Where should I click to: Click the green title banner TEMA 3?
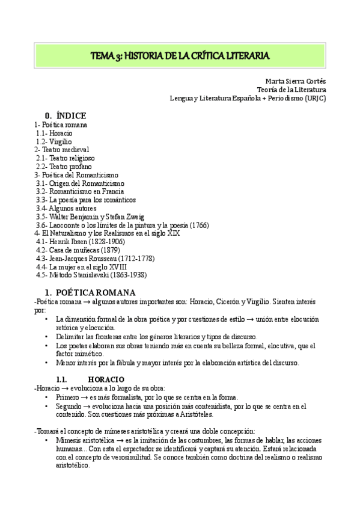point(180,56)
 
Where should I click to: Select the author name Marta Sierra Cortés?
point(295,81)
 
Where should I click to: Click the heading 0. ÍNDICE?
point(66,115)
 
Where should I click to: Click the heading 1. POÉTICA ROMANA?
point(94,292)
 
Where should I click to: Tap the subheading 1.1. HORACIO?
point(91,380)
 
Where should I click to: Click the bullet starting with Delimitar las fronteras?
point(165,337)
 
